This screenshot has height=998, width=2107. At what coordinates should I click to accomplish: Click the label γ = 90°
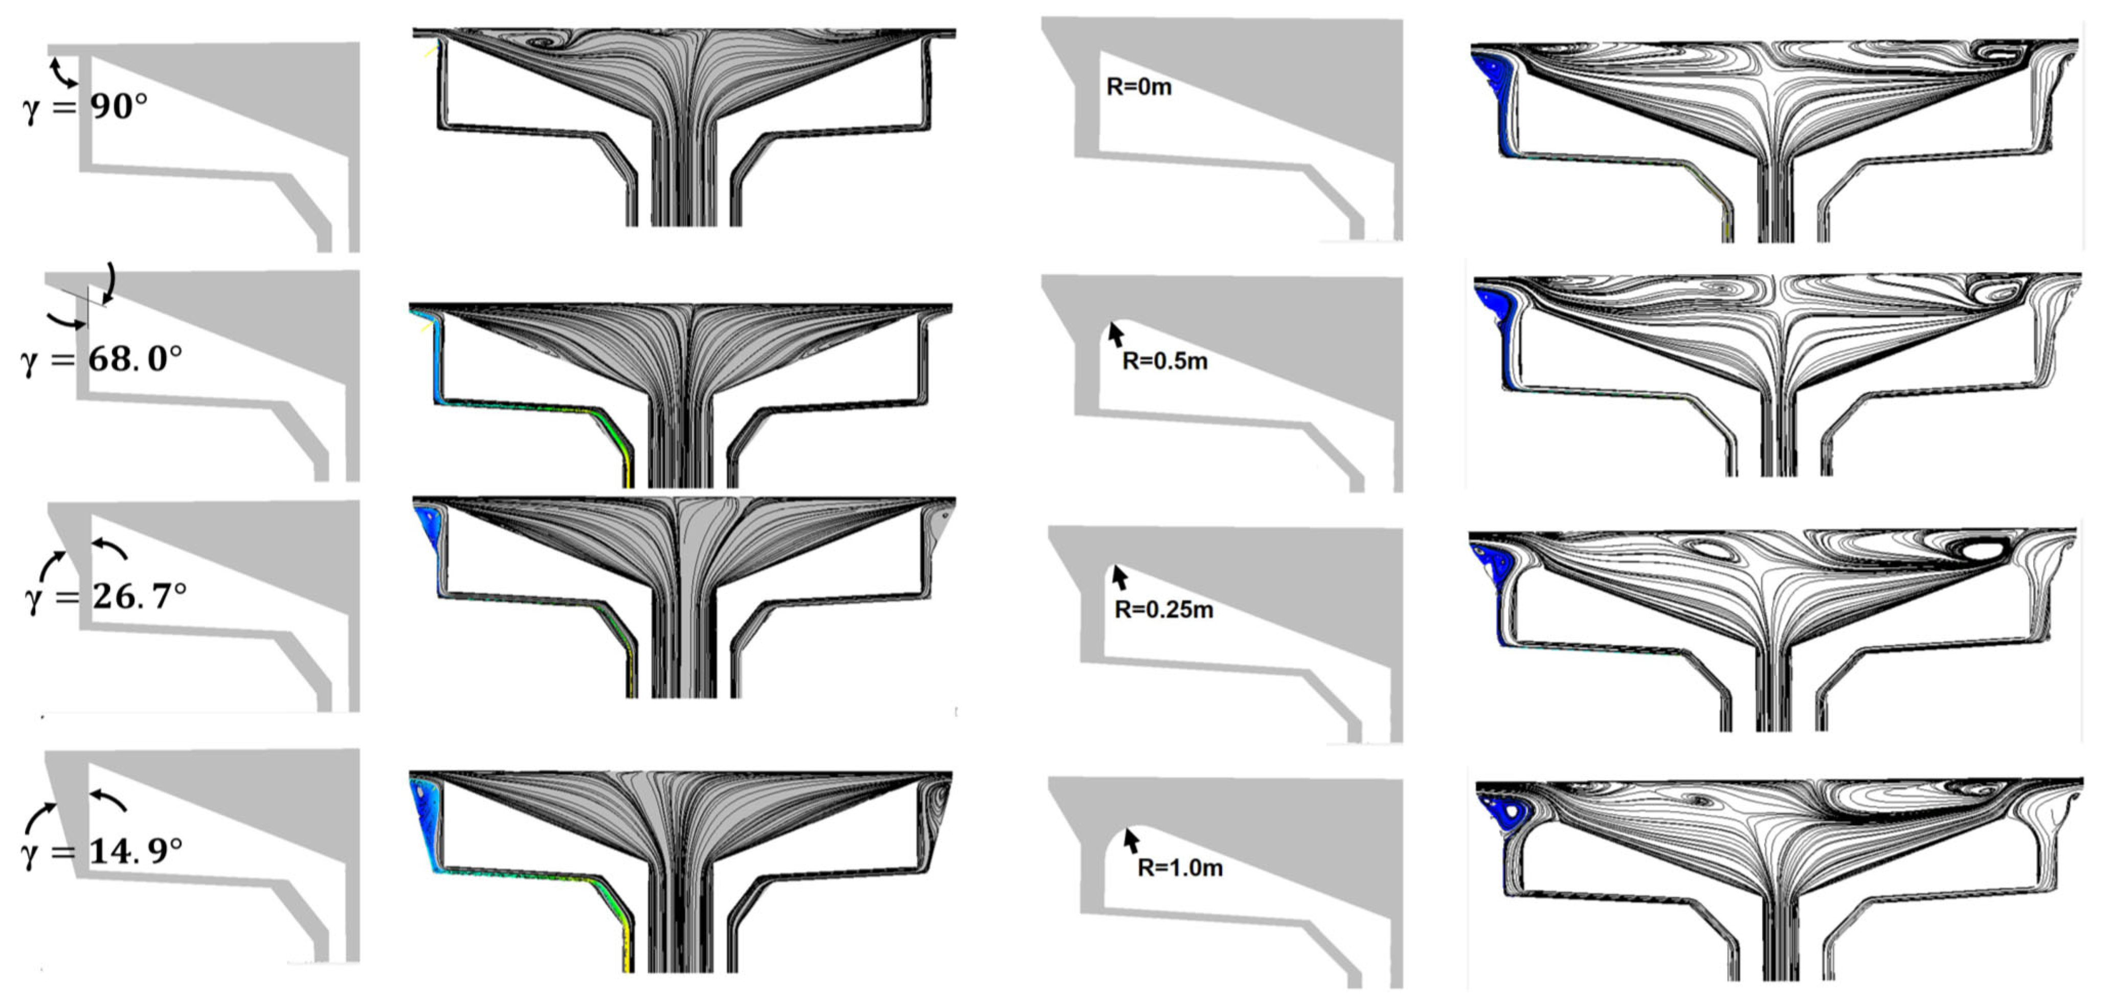tap(85, 107)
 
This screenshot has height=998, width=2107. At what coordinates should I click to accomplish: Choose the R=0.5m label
tap(1165, 361)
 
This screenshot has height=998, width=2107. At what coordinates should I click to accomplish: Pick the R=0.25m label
tap(1164, 609)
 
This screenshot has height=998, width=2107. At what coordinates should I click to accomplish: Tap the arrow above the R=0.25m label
tap(1119, 579)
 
